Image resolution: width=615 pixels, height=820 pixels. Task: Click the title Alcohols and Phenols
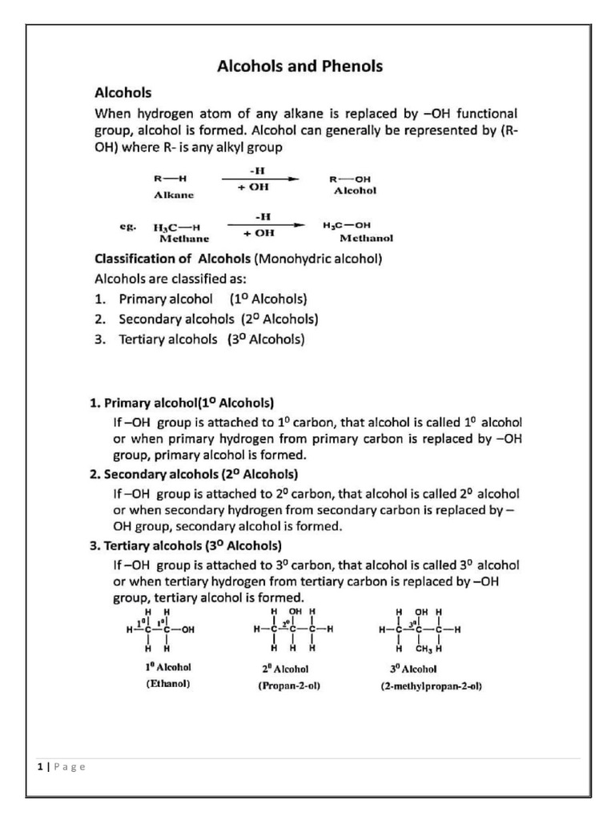point(299,66)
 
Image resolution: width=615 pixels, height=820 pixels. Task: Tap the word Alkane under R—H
point(174,195)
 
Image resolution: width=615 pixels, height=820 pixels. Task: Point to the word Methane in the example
point(184,238)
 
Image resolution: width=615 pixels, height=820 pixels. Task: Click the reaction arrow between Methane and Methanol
point(265,225)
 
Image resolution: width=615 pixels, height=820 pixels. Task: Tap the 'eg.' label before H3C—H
point(128,227)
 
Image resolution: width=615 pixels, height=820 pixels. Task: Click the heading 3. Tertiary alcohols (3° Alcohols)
point(185,546)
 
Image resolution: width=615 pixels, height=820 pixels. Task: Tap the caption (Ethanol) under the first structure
point(167,685)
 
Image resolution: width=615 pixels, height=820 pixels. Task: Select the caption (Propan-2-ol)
point(289,686)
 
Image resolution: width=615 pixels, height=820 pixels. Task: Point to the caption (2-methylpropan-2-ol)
point(431,686)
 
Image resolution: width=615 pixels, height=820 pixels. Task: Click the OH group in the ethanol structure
point(188,629)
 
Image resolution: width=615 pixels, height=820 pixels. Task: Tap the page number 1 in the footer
point(39,766)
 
